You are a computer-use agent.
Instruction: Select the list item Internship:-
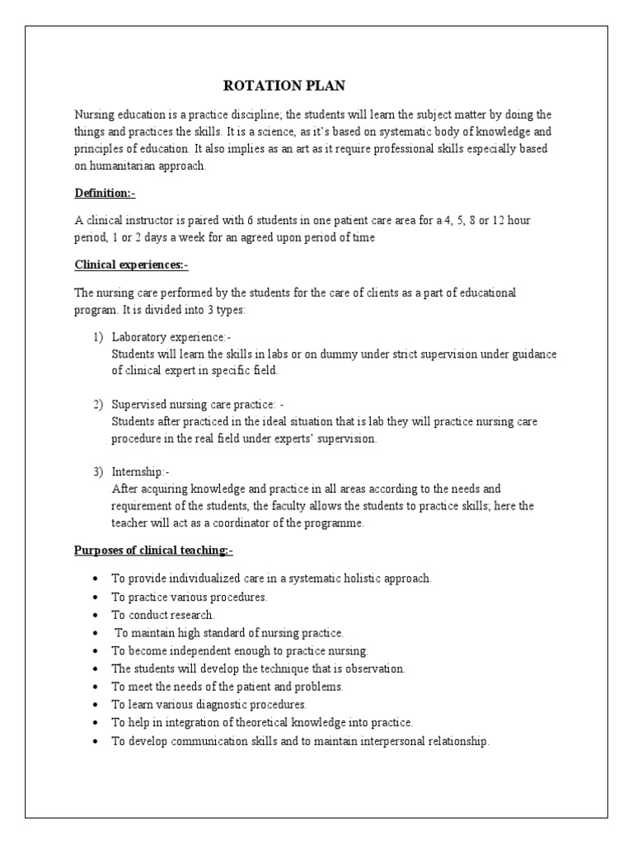140,472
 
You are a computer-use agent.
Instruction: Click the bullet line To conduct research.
163,615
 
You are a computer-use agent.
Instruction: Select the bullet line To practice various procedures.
190,597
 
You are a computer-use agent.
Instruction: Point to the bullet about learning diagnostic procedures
209,705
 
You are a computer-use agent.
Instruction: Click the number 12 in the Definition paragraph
502,220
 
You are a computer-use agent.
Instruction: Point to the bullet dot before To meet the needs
97,687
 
